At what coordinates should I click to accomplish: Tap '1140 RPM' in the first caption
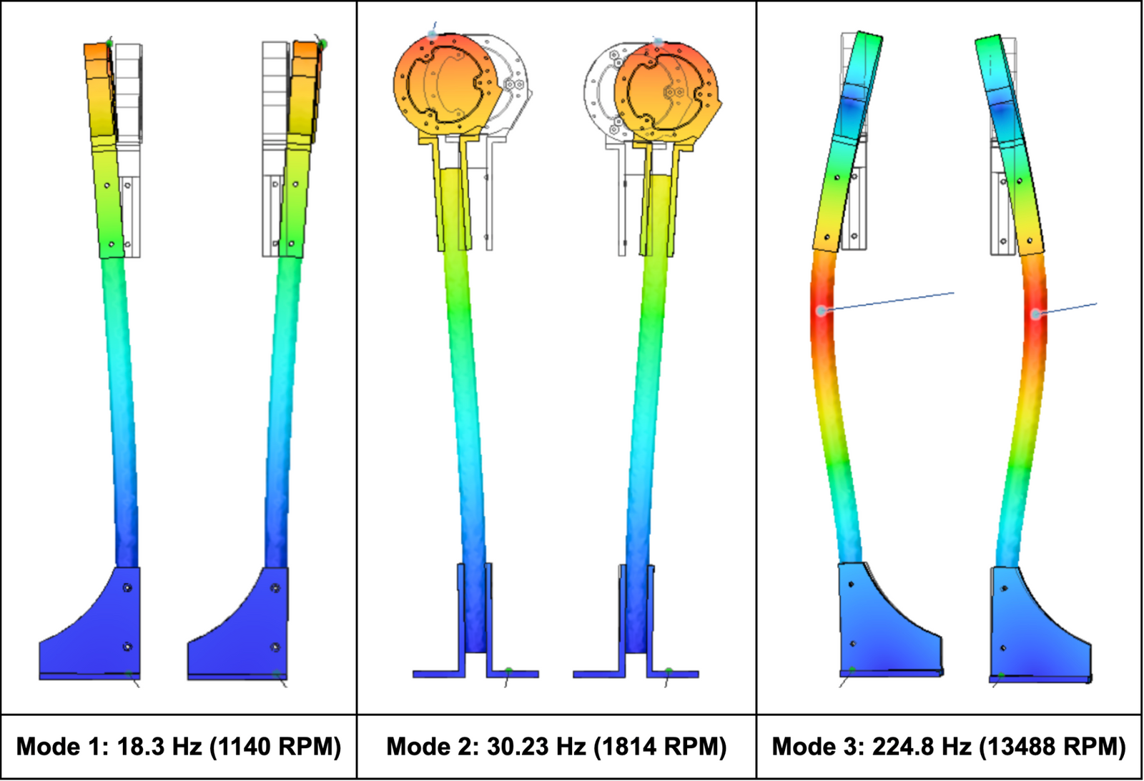(x=275, y=747)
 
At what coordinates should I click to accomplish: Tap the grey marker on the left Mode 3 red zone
(x=822, y=311)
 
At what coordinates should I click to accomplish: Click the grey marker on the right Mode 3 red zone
(x=1035, y=314)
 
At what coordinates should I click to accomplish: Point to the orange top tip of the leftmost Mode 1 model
(x=97, y=52)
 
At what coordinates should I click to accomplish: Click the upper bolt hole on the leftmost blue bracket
(x=127, y=588)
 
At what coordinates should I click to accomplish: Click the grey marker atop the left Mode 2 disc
(x=433, y=34)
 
